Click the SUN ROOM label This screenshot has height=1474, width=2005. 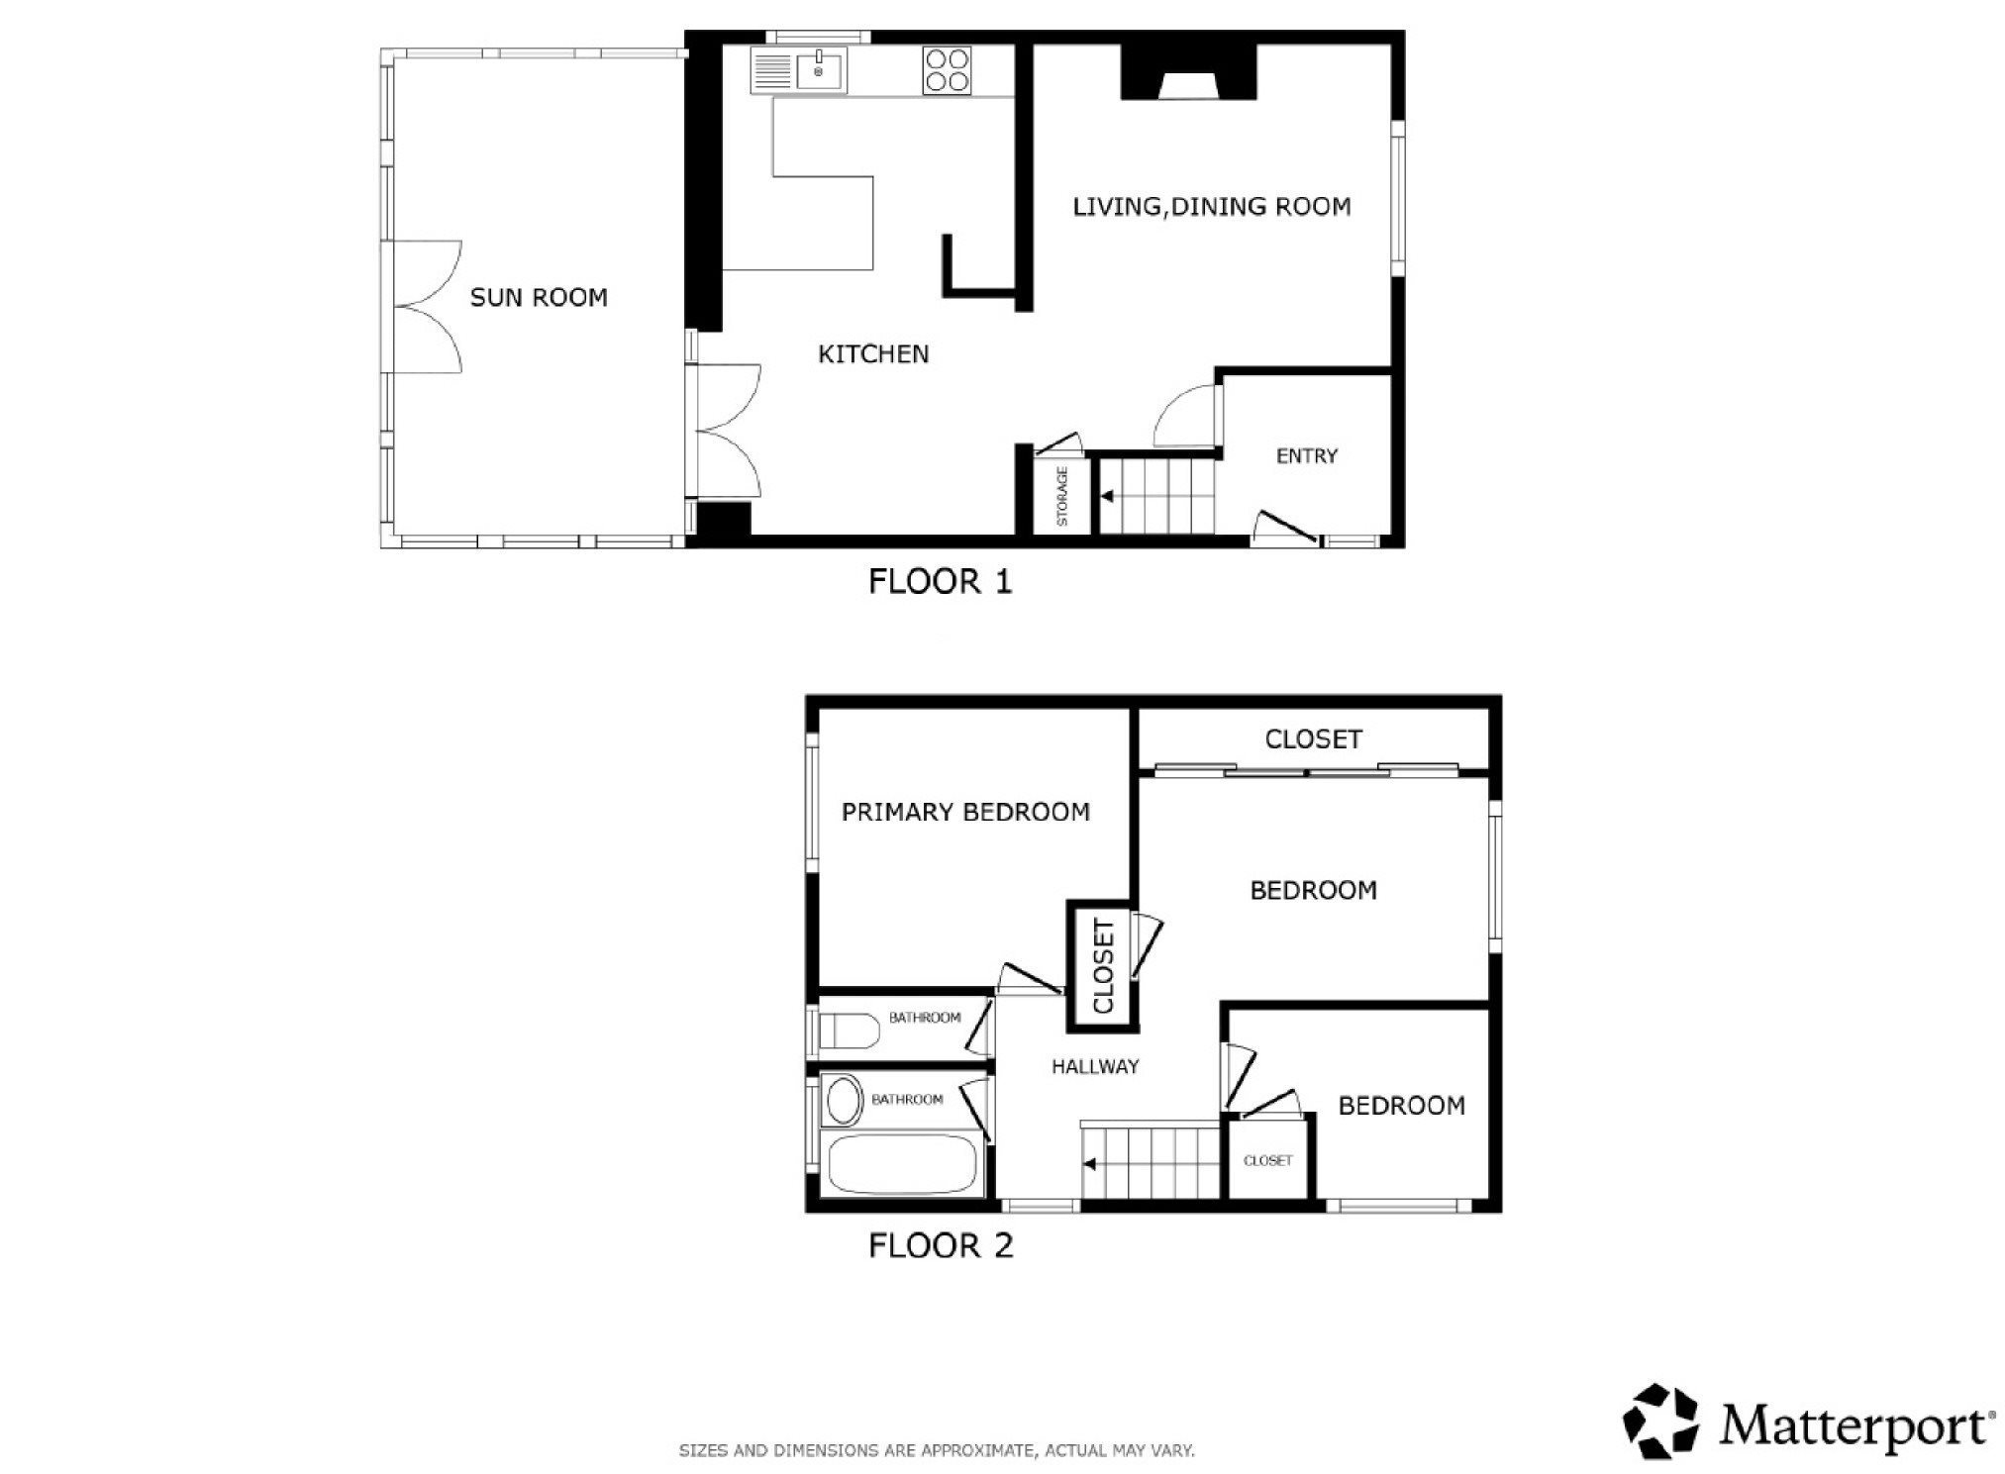[539, 297]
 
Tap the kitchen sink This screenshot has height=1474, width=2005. [820, 71]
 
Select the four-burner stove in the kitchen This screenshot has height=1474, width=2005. [947, 70]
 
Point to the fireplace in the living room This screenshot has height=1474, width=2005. [1188, 72]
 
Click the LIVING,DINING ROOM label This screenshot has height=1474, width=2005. [1212, 207]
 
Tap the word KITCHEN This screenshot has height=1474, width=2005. [873, 354]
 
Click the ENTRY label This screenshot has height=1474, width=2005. [1307, 456]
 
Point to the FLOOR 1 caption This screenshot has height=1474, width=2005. [941, 581]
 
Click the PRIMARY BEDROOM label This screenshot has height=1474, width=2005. [965, 813]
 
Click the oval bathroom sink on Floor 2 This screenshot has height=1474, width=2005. [844, 1100]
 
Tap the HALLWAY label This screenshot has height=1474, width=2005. [1095, 1067]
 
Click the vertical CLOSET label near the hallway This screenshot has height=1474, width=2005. [1103, 966]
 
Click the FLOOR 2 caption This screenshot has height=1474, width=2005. [941, 1245]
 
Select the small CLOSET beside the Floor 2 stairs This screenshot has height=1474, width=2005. [1268, 1160]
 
